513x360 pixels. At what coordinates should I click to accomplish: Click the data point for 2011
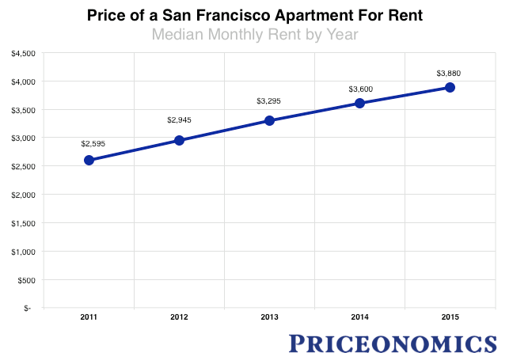point(89,160)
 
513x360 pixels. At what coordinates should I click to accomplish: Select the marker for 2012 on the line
point(179,140)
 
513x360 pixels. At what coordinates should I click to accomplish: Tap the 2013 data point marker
point(269,120)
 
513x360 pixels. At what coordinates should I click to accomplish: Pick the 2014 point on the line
point(359,103)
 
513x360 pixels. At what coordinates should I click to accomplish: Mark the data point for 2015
point(450,87)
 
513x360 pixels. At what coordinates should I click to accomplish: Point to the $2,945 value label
point(179,120)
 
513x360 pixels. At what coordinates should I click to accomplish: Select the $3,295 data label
point(269,101)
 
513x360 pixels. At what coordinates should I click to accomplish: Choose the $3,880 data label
point(450,74)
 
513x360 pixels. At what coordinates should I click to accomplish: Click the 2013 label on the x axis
point(269,316)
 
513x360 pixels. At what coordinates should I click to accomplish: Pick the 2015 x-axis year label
point(450,316)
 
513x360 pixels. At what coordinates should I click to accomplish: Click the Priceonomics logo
point(393,343)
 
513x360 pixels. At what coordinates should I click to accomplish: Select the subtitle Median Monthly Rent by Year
point(256,34)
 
